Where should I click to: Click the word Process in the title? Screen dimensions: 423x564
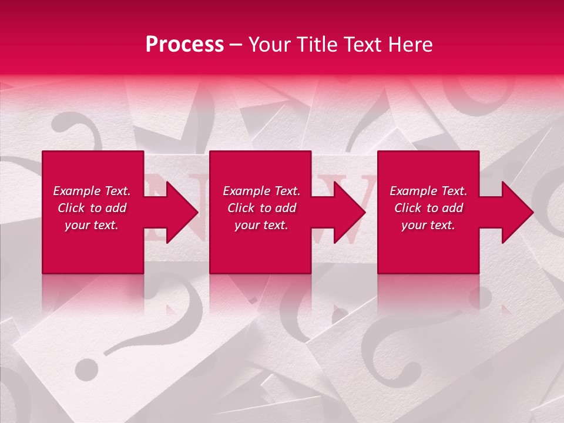[x=184, y=45]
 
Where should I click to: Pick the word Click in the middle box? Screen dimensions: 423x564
[x=240, y=208]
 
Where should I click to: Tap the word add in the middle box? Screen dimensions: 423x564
[x=285, y=208]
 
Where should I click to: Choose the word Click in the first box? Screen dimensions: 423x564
[x=70, y=208]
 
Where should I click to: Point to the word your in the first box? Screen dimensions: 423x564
[x=76, y=225]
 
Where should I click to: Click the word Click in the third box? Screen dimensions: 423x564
[x=407, y=208]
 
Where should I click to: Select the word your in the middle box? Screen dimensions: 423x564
[x=246, y=225]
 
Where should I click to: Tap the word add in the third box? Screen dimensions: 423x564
[x=452, y=208]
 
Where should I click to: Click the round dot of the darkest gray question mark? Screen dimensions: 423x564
[x=87, y=368]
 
